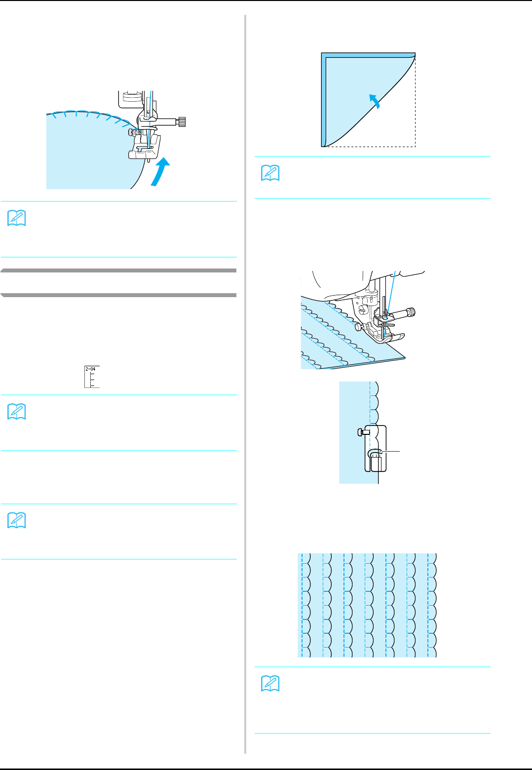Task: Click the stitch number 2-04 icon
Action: click(92, 377)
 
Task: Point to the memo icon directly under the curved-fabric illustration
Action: click(17, 218)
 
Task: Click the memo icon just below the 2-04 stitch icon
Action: click(17, 412)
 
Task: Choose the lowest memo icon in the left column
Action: click(17, 521)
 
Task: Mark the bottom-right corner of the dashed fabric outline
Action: click(415, 147)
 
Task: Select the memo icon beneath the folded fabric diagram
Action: click(270, 173)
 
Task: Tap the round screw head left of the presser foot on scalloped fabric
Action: click(357, 326)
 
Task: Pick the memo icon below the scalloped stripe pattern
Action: click(270, 684)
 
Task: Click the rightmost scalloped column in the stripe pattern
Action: click(432, 605)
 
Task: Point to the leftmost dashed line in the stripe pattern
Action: click(302, 605)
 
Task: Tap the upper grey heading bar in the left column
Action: click(118, 270)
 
